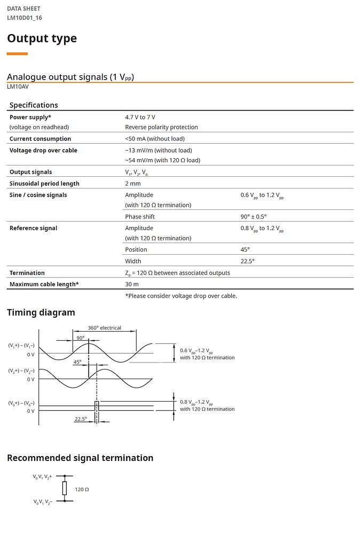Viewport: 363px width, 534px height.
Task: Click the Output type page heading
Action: (x=42, y=38)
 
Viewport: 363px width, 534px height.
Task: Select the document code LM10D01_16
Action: (x=25, y=18)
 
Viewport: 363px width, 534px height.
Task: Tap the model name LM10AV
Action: (x=18, y=87)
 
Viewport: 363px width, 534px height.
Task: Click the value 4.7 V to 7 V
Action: (x=140, y=117)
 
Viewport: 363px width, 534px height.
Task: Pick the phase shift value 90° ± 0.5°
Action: (x=254, y=217)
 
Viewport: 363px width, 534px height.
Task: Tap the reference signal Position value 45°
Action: (x=245, y=249)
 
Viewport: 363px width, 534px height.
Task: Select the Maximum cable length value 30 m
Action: (x=132, y=284)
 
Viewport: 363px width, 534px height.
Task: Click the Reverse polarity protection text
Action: (x=161, y=127)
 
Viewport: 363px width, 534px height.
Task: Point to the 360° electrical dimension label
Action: (x=104, y=328)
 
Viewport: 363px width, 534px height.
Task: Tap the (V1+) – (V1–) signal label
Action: (x=21, y=345)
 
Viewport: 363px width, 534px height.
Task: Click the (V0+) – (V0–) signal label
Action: (x=21, y=403)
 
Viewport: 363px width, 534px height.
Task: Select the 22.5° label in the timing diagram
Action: (x=81, y=419)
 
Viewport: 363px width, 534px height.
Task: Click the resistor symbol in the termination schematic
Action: (x=65, y=488)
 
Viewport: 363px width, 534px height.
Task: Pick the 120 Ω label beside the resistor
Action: (x=82, y=489)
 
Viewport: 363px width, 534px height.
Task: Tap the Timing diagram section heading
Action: (x=41, y=312)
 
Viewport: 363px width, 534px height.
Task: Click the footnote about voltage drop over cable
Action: (x=181, y=296)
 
